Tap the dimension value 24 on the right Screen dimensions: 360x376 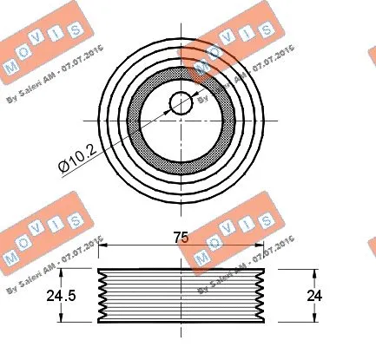tap(314, 295)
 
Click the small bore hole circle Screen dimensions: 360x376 tap(181, 102)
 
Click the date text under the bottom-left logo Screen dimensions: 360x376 tap(54, 269)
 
